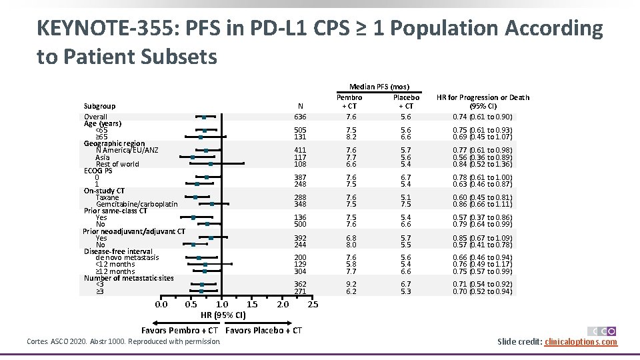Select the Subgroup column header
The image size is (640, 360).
click(x=99, y=106)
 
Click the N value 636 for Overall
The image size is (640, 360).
click(x=301, y=117)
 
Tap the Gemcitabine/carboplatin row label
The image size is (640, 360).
click(x=137, y=204)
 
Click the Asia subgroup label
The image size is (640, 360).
click(x=103, y=157)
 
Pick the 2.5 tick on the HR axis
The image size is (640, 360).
click(x=311, y=305)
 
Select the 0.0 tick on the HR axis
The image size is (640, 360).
click(x=161, y=305)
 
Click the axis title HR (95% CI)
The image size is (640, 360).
click(x=223, y=315)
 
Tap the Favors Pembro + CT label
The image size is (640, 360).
click(x=180, y=331)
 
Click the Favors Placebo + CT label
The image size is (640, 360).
click(x=264, y=331)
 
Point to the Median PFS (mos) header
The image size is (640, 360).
click(x=379, y=87)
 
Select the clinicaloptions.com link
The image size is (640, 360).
click(x=581, y=342)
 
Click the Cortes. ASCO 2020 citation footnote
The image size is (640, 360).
click(x=123, y=342)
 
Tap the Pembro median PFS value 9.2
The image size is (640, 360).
click(x=351, y=284)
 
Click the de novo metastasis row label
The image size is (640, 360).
click(x=127, y=257)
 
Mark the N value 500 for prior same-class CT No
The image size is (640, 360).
click(x=301, y=224)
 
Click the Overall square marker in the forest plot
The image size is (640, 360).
click(x=204, y=117)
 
